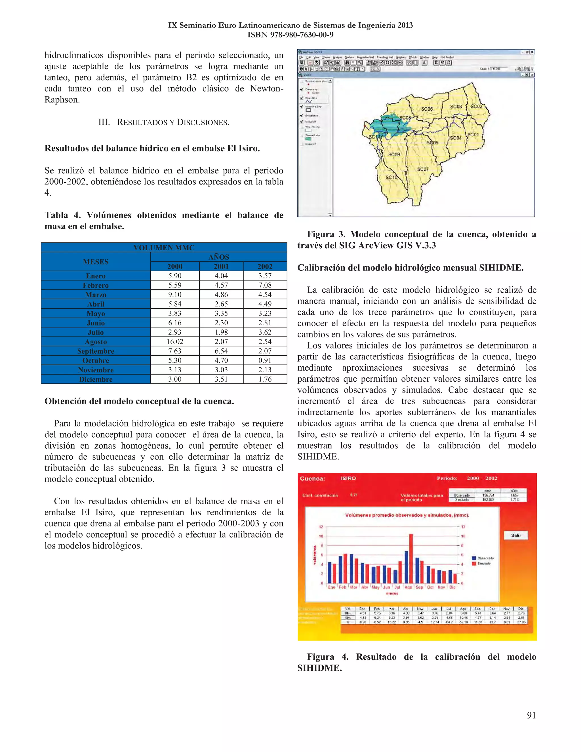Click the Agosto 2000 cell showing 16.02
click(x=175, y=342)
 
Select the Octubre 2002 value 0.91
click(x=265, y=360)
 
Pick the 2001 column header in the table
click(x=221, y=266)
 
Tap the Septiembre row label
click(x=96, y=351)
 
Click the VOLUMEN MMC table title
click(x=164, y=247)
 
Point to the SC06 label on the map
click(x=427, y=109)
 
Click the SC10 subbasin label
click(x=391, y=177)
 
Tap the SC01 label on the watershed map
click(x=473, y=135)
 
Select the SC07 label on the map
click(x=423, y=169)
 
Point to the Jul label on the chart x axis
click(x=397, y=587)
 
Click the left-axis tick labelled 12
click(x=321, y=527)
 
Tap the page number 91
click(x=531, y=715)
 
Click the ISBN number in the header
click(x=290, y=35)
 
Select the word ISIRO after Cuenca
click(x=348, y=478)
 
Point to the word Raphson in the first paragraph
click(x=62, y=100)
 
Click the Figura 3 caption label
click(x=326, y=234)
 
